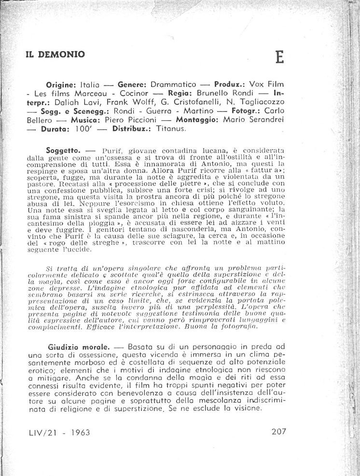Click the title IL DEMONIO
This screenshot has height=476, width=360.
55,54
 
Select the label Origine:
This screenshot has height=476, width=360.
61,84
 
